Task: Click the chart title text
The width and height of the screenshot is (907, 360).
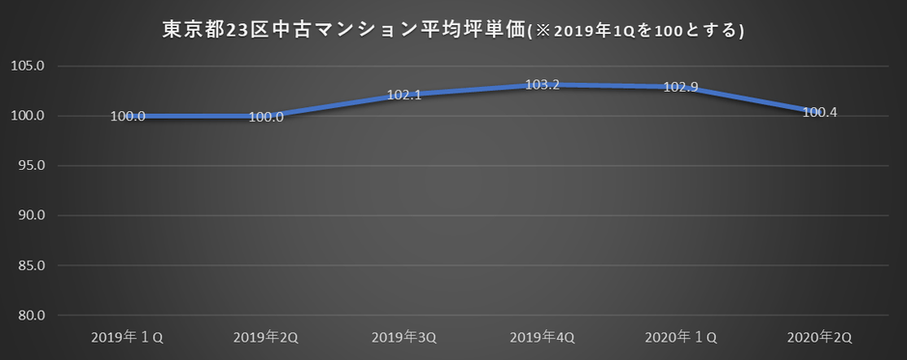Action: (453, 30)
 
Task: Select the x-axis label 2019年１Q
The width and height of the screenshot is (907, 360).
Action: (128, 337)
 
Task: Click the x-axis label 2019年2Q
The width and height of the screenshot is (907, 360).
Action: (266, 337)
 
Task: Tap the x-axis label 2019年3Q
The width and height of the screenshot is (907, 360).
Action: (404, 337)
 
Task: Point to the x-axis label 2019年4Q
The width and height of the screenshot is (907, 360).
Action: (542, 337)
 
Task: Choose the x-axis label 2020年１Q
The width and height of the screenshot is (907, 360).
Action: (681, 337)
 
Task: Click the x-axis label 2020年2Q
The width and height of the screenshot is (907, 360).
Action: (819, 337)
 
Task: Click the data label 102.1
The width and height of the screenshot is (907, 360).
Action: (403, 96)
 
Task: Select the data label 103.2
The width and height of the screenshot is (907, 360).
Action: (542, 85)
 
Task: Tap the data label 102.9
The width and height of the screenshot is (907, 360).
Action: (680, 88)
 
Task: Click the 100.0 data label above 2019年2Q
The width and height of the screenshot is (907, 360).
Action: (265, 117)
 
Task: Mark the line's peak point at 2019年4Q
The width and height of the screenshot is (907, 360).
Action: (542, 85)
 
